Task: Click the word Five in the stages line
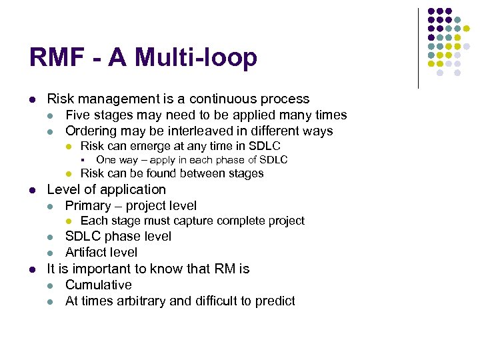79,115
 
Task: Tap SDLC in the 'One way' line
274,160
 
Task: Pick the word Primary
89,206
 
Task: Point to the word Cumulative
99,285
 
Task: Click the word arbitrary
140,301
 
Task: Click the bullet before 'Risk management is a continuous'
31,100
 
